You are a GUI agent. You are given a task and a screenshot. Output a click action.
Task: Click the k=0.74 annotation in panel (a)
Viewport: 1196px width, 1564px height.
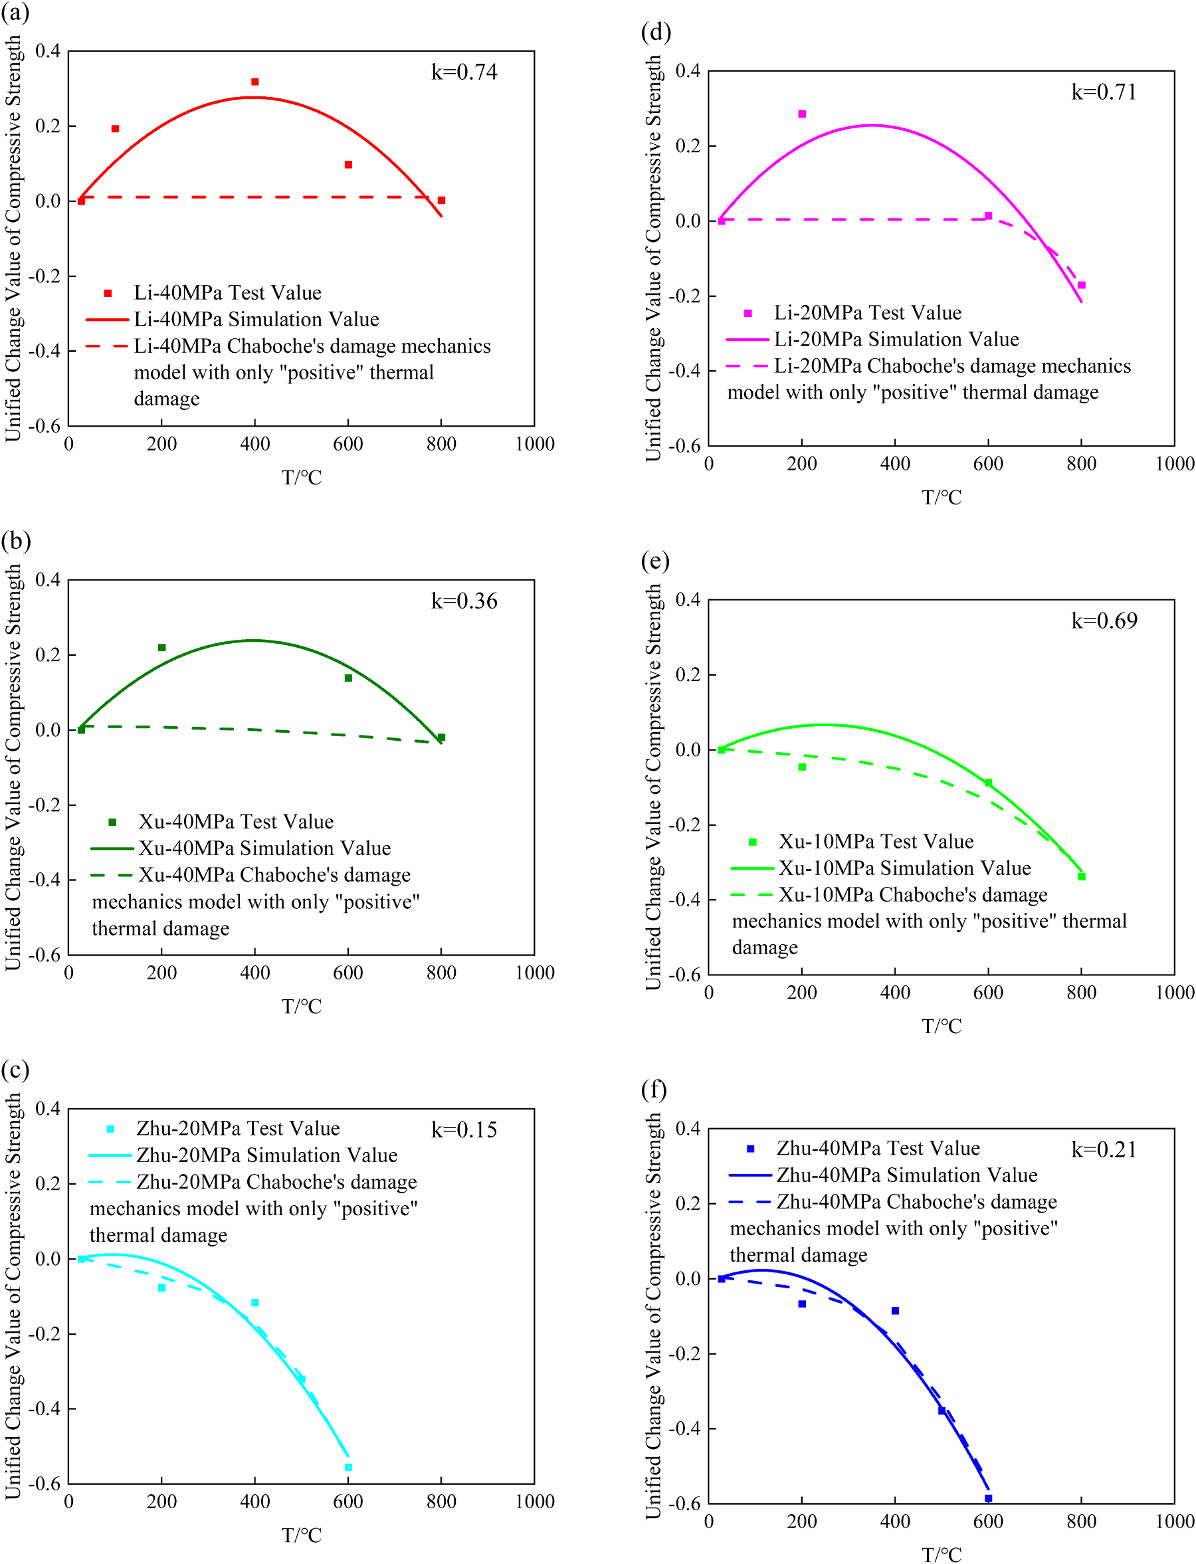[464, 72]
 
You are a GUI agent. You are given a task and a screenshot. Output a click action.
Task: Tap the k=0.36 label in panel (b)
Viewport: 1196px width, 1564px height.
[464, 601]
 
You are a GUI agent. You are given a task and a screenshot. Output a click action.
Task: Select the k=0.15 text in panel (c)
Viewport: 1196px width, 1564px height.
[464, 1130]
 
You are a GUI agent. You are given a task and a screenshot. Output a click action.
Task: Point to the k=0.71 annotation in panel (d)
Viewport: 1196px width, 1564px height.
[1104, 92]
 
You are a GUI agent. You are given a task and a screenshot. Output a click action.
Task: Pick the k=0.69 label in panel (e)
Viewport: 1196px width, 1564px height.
[1104, 621]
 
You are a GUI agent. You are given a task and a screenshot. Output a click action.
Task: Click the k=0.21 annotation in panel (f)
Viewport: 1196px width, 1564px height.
[1104, 1150]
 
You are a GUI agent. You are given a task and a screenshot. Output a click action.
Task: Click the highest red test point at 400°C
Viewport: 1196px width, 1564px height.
[255, 82]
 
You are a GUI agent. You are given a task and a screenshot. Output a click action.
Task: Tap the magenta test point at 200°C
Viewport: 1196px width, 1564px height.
[803, 114]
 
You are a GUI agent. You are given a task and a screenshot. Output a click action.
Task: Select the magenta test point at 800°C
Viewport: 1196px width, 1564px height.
[1082, 286]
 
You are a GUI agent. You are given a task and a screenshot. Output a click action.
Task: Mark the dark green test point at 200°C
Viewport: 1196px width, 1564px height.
[161, 648]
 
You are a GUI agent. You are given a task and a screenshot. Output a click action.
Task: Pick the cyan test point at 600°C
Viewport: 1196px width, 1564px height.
[348, 1467]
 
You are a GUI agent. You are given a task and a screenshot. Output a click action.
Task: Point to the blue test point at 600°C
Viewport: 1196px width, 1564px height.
[988, 1498]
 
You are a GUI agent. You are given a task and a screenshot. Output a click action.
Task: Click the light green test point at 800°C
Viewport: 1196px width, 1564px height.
[1082, 877]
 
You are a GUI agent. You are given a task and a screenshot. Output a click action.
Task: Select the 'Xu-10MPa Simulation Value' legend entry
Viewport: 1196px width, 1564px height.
[904, 868]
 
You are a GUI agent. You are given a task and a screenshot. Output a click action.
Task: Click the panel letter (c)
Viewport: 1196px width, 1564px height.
[15, 1070]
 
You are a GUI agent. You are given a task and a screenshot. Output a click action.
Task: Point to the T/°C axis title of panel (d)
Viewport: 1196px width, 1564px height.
[942, 498]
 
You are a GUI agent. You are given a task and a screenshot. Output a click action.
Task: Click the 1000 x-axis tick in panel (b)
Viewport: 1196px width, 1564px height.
[535, 973]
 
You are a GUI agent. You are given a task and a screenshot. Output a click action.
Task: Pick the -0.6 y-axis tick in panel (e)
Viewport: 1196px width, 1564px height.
[688, 975]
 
